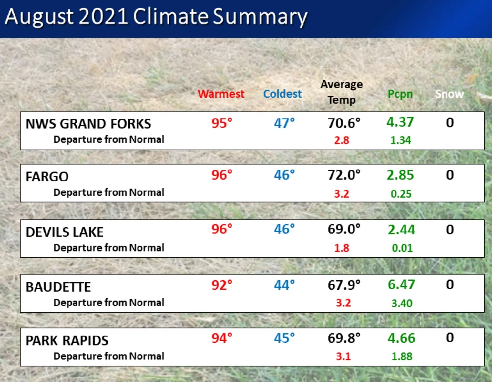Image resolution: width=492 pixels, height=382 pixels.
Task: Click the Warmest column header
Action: tap(221, 94)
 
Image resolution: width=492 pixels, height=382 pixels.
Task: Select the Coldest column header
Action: tap(282, 94)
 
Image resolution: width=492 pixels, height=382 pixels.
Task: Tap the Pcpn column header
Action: tap(400, 94)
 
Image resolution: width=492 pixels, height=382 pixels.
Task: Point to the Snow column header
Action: tap(449, 94)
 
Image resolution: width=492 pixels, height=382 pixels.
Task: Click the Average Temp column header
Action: tap(342, 92)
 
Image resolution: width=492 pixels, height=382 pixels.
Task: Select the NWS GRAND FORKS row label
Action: tap(88, 124)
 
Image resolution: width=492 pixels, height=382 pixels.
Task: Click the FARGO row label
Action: tap(47, 177)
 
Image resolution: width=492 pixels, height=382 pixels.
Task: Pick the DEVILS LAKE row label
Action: tap(65, 232)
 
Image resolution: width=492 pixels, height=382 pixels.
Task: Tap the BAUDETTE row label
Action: tap(58, 287)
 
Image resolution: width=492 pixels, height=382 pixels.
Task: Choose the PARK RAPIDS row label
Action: tap(67, 341)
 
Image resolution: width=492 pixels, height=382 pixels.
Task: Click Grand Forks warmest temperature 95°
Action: tap(222, 123)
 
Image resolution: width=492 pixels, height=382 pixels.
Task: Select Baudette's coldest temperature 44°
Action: tap(284, 285)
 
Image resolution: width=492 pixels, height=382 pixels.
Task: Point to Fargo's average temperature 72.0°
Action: tap(344, 175)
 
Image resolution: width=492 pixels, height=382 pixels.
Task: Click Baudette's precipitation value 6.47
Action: tap(401, 285)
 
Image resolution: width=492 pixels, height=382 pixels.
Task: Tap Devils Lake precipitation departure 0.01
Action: tap(402, 248)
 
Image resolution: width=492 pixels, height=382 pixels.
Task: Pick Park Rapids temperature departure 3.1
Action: tap(343, 356)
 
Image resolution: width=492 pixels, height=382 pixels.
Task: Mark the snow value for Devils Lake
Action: tap(450, 230)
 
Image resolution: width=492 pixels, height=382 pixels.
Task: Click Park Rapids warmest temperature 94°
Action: tap(222, 338)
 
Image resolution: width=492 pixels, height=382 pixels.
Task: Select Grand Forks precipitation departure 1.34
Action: tap(401, 140)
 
